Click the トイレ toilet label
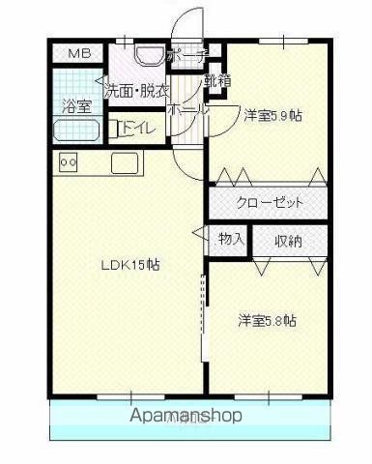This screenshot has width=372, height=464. point(135,126)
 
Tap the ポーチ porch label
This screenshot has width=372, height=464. point(186,57)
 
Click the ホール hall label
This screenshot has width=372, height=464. point(183,109)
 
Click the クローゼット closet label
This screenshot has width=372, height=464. point(271,203)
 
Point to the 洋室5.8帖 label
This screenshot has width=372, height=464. point(268,320)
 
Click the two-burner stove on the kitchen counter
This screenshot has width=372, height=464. point(69,162)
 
